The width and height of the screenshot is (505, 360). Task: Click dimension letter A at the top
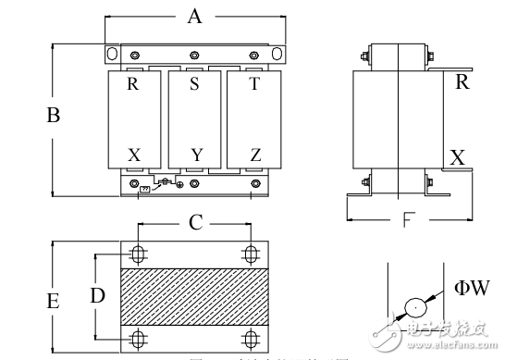click(x=194, y=16)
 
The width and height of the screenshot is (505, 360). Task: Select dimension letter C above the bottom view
click(x=195, y=222)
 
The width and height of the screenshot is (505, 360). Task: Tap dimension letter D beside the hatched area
click(x=97, y=295)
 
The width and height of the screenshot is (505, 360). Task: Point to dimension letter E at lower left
click(x=54, y=302)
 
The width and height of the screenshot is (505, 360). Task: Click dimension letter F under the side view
click(x=408, y=222)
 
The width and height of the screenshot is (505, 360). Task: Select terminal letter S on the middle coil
click(x=194, y=84)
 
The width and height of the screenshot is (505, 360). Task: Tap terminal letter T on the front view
click(x=254, y=84)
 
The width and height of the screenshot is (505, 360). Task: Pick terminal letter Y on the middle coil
click(x=195, y=155)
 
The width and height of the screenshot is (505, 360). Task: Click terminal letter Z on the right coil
click(x=254, y=155)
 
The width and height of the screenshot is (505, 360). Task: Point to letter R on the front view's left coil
click(x=134, y=84)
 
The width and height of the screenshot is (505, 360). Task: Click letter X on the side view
click(x=457, y=157)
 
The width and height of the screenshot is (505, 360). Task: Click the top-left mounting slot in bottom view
click(x=139, y=254)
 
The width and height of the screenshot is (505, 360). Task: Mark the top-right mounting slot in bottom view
click(x=250, y=254)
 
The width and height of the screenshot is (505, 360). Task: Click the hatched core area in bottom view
click(x=194, y=295)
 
